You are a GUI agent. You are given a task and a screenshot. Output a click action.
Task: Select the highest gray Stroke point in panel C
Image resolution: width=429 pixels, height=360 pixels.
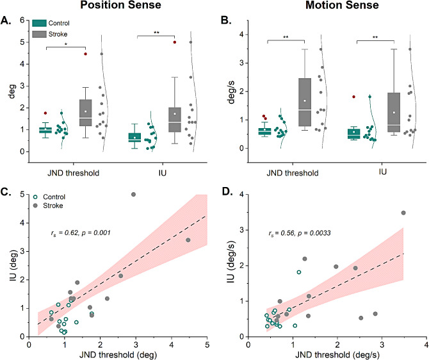[x=134, y=194]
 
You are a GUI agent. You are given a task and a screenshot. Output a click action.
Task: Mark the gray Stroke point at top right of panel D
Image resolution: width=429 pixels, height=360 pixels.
[x=403, y=213]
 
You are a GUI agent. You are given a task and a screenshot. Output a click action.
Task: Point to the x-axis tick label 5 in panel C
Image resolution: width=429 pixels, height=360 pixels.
[x=206, y=344]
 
